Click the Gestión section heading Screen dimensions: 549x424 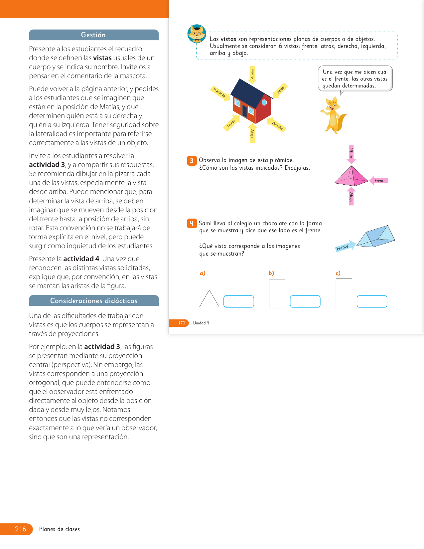(x=93, y=35)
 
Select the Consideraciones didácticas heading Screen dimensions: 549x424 (x=94, y=301)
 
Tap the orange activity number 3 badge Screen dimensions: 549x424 (x=192, y=161)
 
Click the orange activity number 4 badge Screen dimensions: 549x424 (x=192, y=223)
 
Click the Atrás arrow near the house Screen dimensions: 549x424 (x=280, y=91)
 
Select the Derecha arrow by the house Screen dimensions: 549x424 (x=277, y=125)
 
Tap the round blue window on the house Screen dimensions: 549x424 (x=264, y=102)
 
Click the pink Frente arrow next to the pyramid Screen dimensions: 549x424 (x=379, y=181)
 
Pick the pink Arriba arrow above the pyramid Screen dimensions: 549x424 (x=351, y=154)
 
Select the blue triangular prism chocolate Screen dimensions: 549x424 (x=376, y=236)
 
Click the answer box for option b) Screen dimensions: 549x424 (x=305, y=301)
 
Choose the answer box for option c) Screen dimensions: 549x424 (x=372, y=301)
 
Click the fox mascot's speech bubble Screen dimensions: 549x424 (x=355, y=79)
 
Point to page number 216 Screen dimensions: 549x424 (x=20, y=529)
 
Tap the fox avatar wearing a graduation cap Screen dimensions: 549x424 (x=197, y=34)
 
